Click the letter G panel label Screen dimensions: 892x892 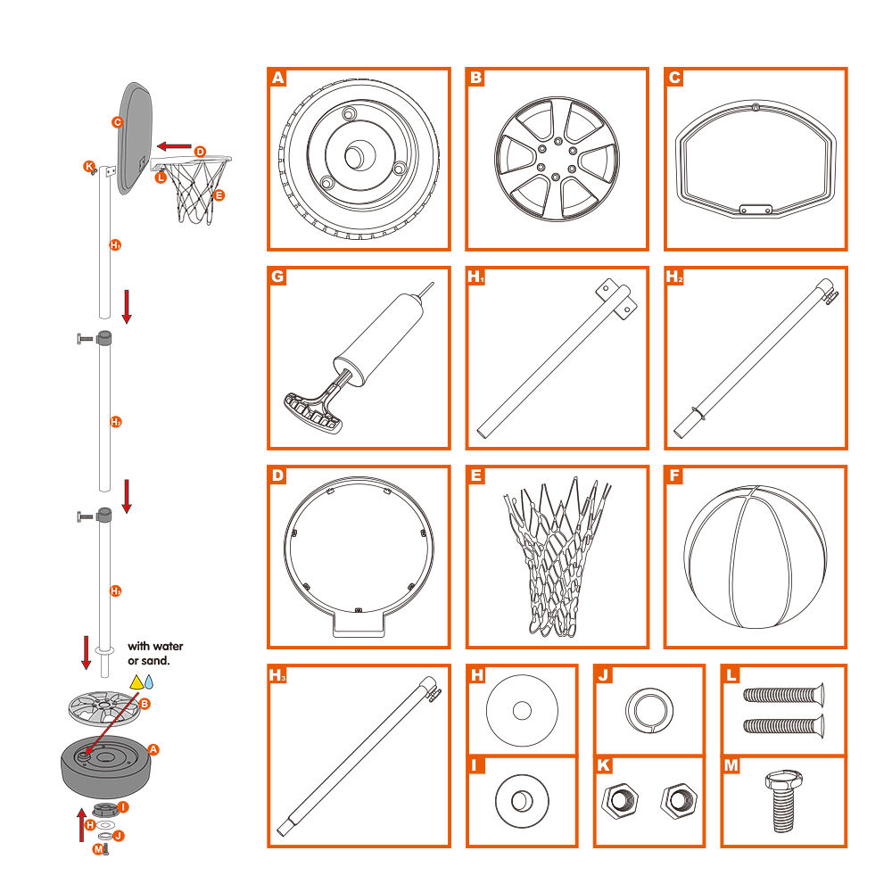tap(278, 277)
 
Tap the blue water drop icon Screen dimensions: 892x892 tap(148, 682)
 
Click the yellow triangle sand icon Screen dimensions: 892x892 tap(136, 682)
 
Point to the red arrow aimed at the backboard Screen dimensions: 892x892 tap(174, 145)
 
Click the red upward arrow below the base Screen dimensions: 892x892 tap(81, 824)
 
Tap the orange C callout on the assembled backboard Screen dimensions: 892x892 tap(117, 121)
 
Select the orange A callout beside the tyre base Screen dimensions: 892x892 tap(153, 749)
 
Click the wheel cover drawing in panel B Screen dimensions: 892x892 tap(557, 158)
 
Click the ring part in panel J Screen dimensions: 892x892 tap(649, 712)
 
